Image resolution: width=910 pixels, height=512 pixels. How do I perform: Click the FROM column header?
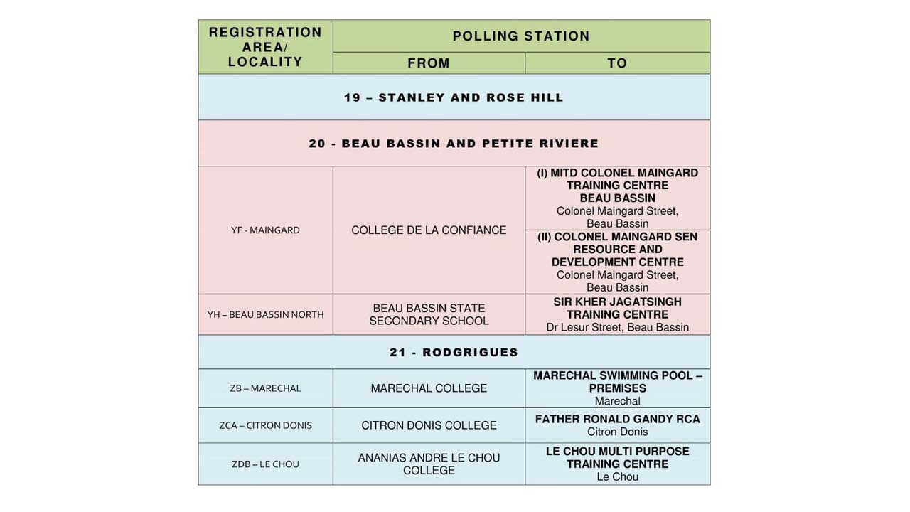point(429,63)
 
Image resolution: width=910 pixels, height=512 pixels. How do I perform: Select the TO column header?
point(617,63)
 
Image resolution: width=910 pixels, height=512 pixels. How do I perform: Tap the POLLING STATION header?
point(521,36)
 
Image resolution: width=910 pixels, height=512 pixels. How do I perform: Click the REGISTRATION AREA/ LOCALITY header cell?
point(265,47)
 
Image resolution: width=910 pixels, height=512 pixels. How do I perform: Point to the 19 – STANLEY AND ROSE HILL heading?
point(454,97)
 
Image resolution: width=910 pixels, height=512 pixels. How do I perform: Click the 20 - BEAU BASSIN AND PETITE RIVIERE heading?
point(454,144)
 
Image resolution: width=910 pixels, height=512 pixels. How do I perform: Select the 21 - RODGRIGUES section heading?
point(454,353)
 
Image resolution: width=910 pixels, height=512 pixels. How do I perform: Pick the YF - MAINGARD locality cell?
point(265,230)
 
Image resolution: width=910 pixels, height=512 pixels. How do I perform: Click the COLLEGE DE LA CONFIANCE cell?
point(429,230)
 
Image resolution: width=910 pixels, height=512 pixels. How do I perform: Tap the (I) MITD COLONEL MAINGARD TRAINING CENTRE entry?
point(617,186)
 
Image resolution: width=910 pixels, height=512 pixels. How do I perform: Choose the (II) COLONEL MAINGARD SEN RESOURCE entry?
point(617,250)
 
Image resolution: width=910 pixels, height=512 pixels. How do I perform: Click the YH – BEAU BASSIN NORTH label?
point(265,314)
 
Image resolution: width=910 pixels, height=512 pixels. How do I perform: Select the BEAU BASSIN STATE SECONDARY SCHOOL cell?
point(429,314)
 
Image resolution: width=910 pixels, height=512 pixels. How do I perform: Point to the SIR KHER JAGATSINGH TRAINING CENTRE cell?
point(617,308)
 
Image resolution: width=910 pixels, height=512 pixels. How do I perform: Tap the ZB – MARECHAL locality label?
point(265,388)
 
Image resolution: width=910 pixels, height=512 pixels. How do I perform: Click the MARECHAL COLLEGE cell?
point(429,388)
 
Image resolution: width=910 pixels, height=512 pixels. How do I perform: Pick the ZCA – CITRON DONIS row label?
point(265,425)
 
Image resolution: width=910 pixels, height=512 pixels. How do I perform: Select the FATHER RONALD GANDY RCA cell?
point(617,420)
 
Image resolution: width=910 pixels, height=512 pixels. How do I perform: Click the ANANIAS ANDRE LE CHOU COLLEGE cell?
point(429,464)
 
